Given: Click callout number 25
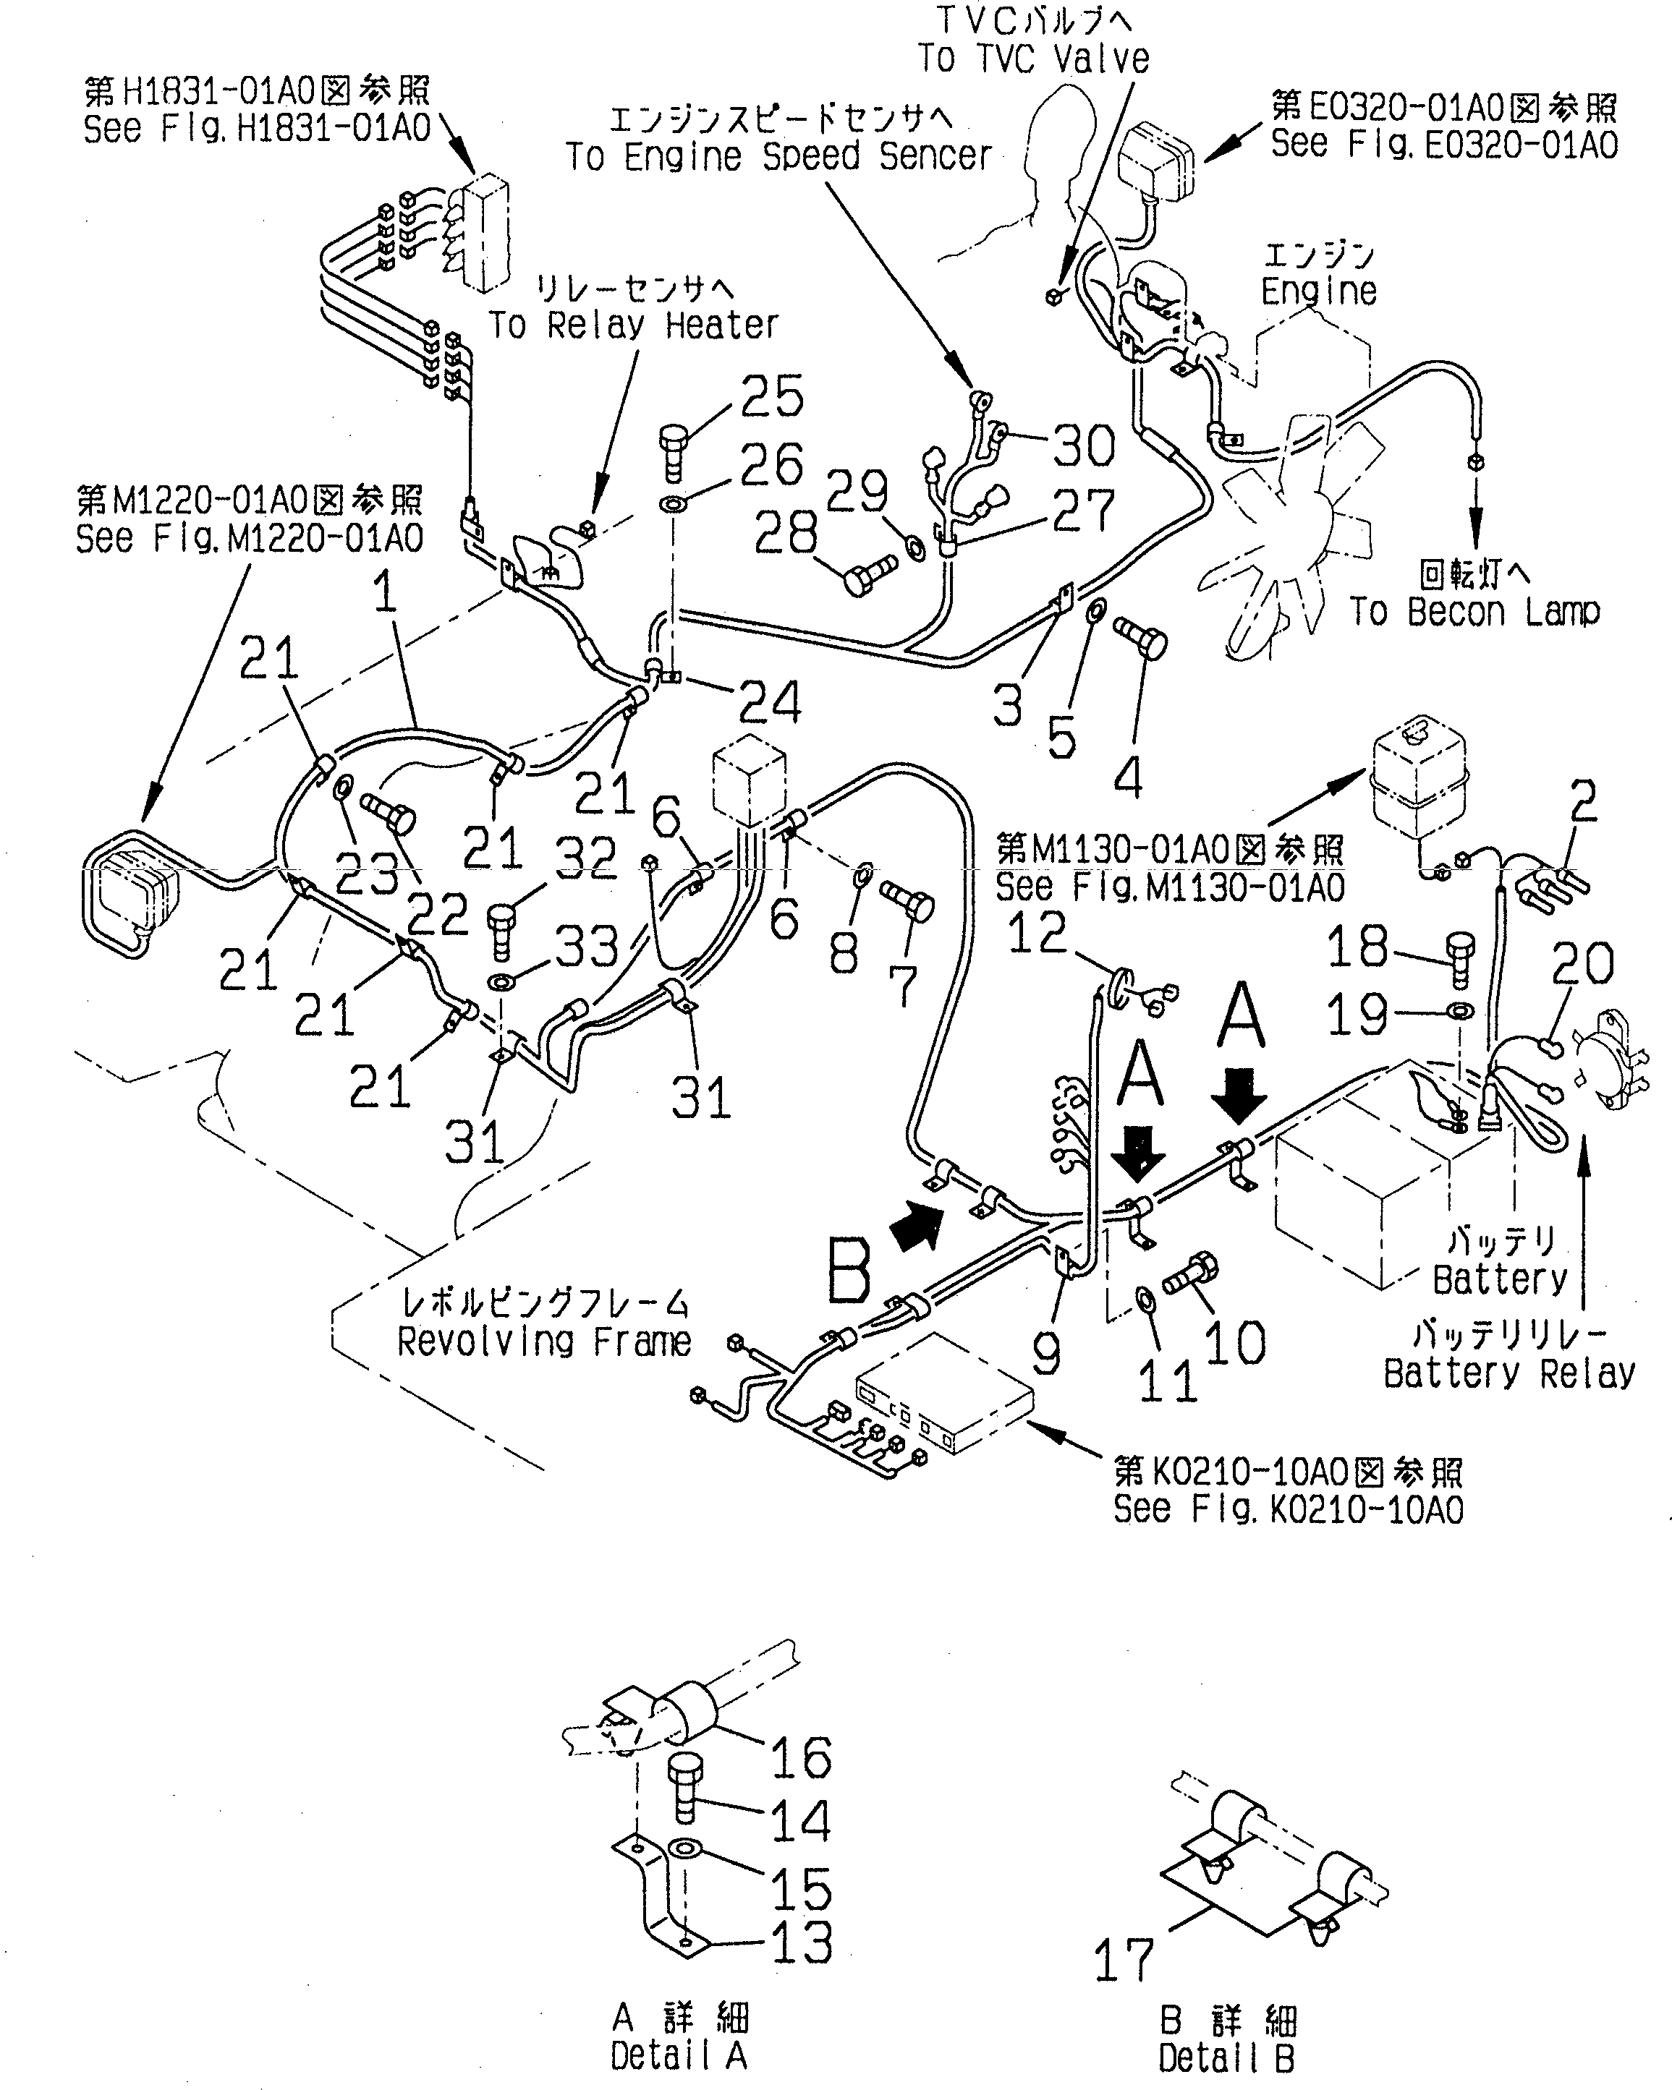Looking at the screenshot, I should point(772,396).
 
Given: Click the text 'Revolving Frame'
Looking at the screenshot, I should point(544,1342).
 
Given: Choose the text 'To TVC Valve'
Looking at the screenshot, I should point(1034,58).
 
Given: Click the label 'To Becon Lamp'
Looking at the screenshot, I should point(1474,612).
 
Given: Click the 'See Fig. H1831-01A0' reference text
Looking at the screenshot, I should point(256,129).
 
